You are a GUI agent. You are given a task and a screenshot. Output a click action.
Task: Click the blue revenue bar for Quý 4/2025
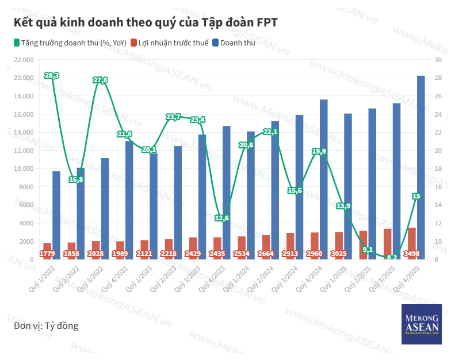click(x=421, y=167)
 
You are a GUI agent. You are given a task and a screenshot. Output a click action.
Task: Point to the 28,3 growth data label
click(x=52, y=75)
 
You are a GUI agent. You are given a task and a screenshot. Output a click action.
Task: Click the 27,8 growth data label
click(x=101, y=80)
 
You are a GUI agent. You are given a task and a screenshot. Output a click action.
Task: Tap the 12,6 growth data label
click(x=222, y=218)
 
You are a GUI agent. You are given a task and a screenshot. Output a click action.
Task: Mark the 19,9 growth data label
click(x=319, y=152)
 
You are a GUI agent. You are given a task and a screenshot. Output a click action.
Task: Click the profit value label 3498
click(x=412, y=254)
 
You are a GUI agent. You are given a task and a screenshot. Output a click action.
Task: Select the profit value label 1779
click(x=47, y=254)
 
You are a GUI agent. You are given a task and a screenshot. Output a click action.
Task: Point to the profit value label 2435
click(x=217, y=254)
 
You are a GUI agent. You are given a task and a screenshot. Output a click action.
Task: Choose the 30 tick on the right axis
click(x=437, y=59)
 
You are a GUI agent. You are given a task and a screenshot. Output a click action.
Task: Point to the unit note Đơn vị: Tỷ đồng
click(x=46, y=326)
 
